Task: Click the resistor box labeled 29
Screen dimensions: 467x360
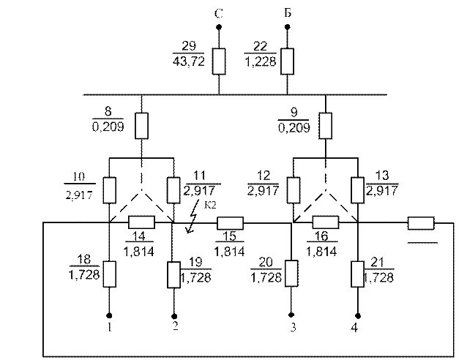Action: (219, 61)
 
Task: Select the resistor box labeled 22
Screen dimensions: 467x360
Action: (288, 61)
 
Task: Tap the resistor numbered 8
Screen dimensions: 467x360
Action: (141, 126)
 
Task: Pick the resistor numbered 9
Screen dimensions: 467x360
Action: (325, 126)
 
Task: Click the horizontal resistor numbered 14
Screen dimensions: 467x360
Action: (141, 222)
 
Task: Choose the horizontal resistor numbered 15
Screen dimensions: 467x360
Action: (231, 223)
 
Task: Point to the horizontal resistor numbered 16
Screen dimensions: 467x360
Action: (326, 222)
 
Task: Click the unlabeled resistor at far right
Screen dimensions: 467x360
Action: (421, 223)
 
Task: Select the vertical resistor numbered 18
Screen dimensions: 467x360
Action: (109, 274)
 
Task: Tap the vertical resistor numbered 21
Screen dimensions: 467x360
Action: (357, 274)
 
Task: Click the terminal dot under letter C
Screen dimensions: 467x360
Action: (219, 27)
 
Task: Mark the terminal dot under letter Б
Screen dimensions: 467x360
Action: (288, 27)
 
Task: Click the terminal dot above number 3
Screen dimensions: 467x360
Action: (291, 315)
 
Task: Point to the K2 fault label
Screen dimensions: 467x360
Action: (210, 205)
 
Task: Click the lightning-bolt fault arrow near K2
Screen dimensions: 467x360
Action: (193, 216)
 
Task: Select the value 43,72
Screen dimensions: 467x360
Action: (189, 61)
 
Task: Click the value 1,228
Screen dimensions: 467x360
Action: (261, 61)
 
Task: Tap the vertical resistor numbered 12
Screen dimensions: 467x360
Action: (294, 190)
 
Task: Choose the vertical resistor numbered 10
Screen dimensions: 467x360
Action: (109, 190)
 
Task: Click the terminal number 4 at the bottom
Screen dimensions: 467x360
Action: (354, 328)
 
